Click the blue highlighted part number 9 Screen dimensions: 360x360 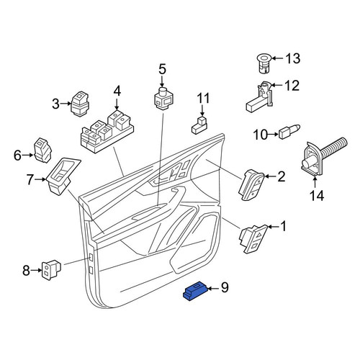click(195, 291)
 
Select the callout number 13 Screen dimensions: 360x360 click(292, 58)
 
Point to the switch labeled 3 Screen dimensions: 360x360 click(80, 104)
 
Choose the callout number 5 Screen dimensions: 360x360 click(162, 69)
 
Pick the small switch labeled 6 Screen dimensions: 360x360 click(43, 150)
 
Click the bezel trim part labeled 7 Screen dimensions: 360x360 click(63, 175)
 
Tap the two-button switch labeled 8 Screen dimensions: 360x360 click(51, 270)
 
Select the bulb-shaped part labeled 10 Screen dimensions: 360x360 click(289, 131)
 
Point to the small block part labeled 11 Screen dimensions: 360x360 click(200, 125)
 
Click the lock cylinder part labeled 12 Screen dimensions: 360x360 click(261, 96)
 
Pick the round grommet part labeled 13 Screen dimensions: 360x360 click(264, 63)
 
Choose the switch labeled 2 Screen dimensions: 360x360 click(251, 184)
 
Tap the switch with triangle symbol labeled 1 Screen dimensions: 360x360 click(254, 239)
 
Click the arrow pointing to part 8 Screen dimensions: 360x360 click(36, 270)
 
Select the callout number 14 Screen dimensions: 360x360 click(317, 195)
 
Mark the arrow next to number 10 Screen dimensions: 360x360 click(273, 135)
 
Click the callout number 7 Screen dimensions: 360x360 click(30, 179)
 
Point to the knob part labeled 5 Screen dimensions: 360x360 click(164, 99)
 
